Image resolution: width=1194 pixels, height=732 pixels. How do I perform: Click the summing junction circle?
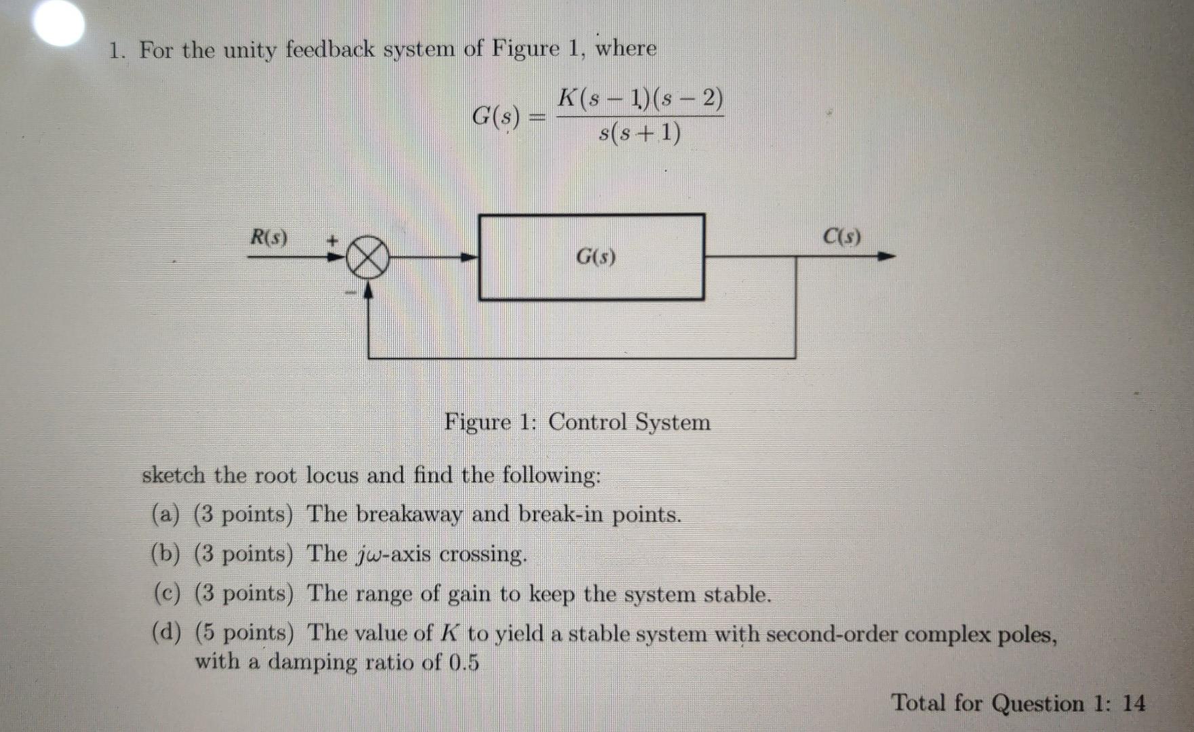[367, 258]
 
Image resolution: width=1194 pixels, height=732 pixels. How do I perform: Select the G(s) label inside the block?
[595, 257]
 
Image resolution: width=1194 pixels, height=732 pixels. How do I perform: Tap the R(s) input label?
[268, 238]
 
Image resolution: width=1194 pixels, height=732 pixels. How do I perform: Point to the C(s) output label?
[841, 237]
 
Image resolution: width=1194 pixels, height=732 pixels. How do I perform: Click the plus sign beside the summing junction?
[333, 240]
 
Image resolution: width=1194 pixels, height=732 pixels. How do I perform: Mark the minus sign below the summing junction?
[351, 293]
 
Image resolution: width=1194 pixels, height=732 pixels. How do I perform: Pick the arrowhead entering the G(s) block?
[469, 258]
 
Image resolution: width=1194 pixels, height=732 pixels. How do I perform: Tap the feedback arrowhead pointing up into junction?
[368, 290]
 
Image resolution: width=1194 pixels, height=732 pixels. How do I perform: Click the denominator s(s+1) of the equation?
[640, 134]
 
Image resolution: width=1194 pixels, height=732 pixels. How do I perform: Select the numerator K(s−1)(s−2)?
[640, 100]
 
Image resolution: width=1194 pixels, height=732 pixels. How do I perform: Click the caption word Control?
[587, 422]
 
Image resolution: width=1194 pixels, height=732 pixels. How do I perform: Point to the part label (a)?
[165, 515]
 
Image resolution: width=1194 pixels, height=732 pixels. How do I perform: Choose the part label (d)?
[165, 634]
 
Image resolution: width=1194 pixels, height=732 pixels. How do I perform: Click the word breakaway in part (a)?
[409, 515]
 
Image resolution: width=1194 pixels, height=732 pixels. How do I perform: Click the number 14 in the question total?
[1133, 704]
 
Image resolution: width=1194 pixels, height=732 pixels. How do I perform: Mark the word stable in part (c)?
[736, 595]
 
